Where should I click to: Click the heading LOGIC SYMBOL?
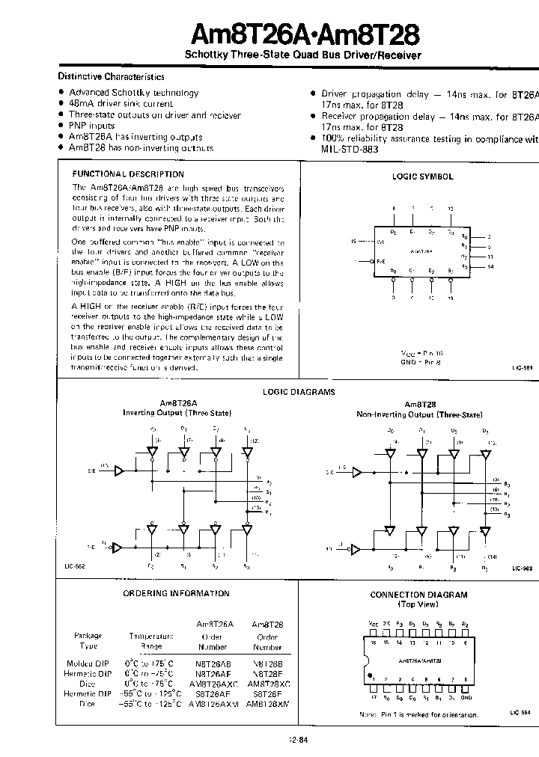(x=423, y=177)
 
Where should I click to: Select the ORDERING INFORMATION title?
(x=176, y=593)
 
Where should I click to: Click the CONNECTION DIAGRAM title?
(x=418, y=595)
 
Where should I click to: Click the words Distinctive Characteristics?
(x=112, y=76)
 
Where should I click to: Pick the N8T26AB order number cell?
(x=213, y=663)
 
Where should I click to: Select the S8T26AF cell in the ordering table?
(x=213, y=694)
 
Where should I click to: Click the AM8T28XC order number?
(x=267, y=684)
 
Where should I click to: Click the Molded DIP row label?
(x=89, y=663)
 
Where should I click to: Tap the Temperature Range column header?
(x=151, y=641)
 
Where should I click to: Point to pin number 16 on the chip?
(x=374, y=643)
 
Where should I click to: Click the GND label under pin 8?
(x=466, y=697)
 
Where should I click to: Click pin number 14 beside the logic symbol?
(x=489, y=266)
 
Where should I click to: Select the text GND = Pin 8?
(x=417, y=361)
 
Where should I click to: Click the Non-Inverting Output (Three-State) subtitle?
(x=419, y=414)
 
